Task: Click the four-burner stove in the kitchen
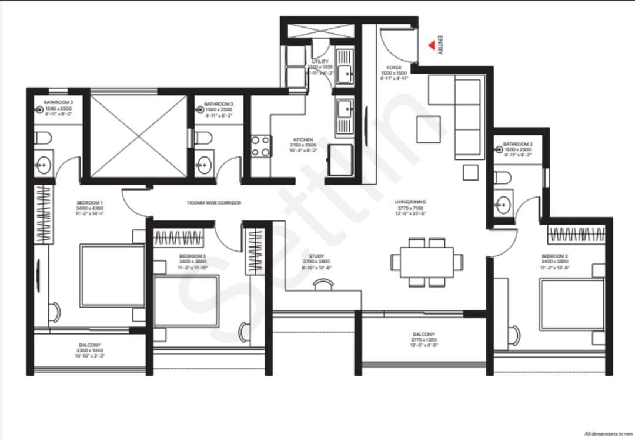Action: point(262,146)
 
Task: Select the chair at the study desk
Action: point(323,285)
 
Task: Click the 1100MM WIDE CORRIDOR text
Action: point(213,203)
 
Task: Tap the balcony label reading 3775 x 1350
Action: point(424,337)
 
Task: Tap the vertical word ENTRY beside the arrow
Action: point(440,46)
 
